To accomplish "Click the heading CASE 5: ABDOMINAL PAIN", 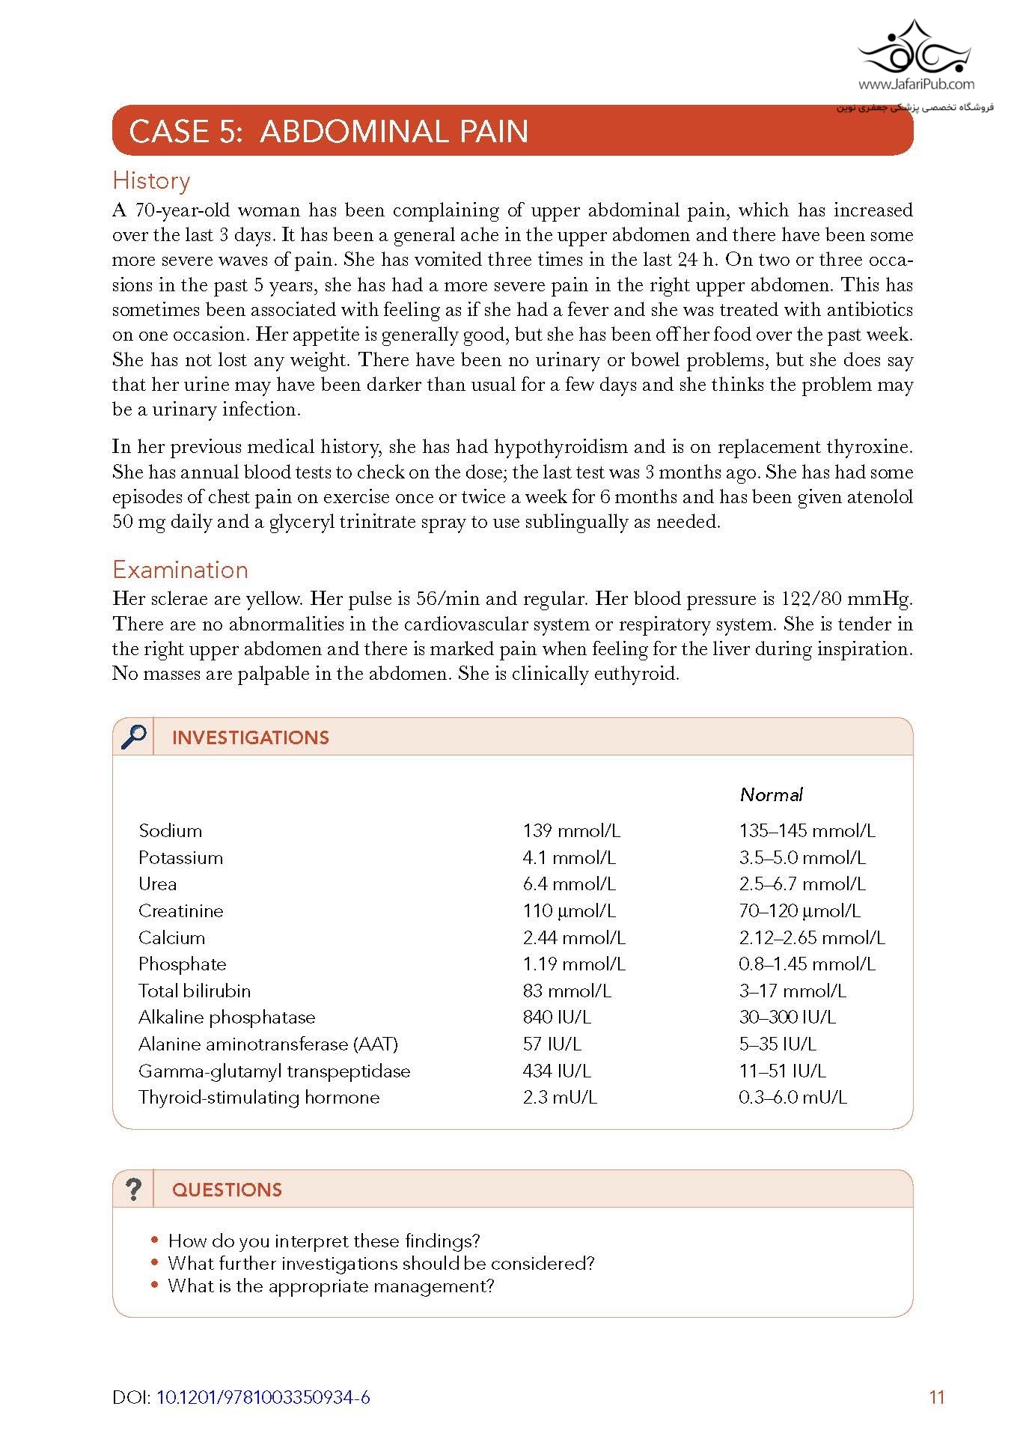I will coord(329,132).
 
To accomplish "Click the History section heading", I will coord(151,181).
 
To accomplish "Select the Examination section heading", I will coord(180,570).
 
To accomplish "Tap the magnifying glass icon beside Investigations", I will coord(134,737).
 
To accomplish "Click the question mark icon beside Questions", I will coord(133,1189).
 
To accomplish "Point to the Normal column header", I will coord(771,794).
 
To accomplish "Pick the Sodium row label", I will coord(170,830).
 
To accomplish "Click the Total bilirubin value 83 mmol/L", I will coord(567,991).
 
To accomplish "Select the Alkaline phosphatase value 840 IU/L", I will coord(557,1017).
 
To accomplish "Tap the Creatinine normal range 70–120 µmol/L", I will coord(799,910).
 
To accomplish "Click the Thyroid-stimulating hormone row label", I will coord(259,1097).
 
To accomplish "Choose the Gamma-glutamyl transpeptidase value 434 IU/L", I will coord(557,1071).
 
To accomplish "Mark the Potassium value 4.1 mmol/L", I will coord(569,857).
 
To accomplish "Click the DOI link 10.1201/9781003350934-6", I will coord(263,1397).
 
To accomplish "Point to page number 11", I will coord(937,1397).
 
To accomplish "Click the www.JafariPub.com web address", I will coord(916,85).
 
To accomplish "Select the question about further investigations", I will coord(381,1264).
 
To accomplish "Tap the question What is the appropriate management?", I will coord(331,1286).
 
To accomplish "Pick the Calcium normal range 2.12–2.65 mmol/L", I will coord(811,937).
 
